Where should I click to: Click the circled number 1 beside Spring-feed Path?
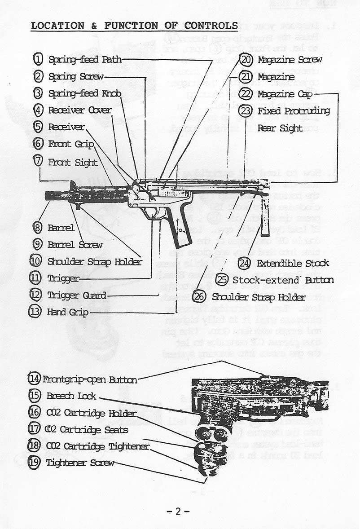(x=39, y=59)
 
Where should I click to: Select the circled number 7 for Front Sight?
(x=39, y=162)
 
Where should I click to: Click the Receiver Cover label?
(x=79, y=110)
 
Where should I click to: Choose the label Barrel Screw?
(x=75, y=245)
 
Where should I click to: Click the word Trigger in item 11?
(x=63, y=278)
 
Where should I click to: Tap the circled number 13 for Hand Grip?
(x=36, y=312)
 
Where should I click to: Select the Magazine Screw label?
(x=290, y=60)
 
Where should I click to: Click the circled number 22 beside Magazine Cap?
(x=246, y=94)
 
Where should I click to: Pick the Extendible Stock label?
(x=292, y=263)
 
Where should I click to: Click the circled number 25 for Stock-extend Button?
(x=223, y=280)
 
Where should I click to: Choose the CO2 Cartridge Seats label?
(x=88, y=430)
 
